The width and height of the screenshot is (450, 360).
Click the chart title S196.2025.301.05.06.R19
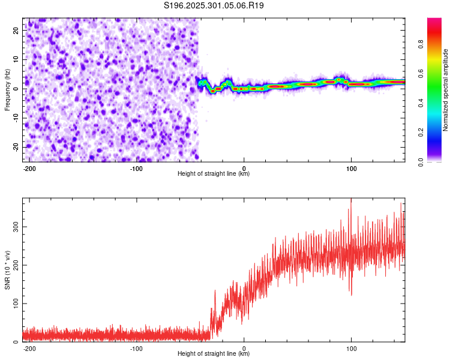coord(214,5)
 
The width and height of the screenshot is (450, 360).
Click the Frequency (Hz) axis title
coord(8,89)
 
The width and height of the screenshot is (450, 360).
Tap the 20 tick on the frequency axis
coord(17,29)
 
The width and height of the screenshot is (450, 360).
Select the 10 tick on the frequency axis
coord(17,59)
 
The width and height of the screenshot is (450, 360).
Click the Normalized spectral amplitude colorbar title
coord(446,90)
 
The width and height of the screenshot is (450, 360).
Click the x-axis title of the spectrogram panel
coord(214,174)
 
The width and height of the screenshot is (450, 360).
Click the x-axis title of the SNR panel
coord(214,354)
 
